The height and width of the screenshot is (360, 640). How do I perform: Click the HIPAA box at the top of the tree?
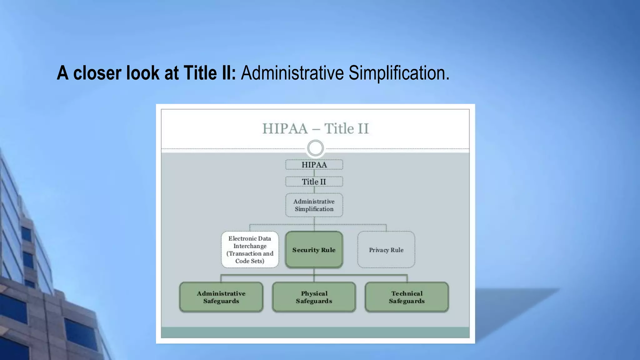coord(314,165)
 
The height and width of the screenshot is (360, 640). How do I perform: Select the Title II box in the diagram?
coord(314,182)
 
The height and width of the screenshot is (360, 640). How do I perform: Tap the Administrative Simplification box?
coord(314,205)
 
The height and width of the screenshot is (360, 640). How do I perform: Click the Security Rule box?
coord(314,250)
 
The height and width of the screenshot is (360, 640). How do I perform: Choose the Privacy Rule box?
coord(386,250)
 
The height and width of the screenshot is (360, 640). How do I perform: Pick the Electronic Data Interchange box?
coord(250,249)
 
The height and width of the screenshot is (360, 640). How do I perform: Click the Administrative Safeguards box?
coord(221,297)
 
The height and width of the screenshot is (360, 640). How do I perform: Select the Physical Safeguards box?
coord(314,297)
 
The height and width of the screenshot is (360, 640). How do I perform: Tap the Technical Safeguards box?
coord(407,297)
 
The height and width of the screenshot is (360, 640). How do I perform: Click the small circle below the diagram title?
coord(315,148)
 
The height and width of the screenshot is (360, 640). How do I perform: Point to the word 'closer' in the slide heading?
coord(97,73)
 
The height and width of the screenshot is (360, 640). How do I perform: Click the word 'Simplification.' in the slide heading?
coord(399,73)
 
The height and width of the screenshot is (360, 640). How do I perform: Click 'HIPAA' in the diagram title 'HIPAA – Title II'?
coord(285,129)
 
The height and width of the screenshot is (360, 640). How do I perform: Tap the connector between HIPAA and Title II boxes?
coord(314,173)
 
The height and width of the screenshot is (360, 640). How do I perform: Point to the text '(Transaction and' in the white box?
coord(250,253)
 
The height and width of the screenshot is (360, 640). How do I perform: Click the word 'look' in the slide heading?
coord(143,73)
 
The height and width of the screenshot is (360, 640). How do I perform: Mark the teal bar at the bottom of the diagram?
coord(315,332)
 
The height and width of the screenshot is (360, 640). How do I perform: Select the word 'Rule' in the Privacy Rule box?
coord(397,250)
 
